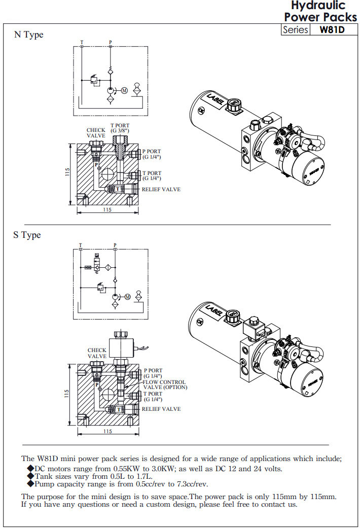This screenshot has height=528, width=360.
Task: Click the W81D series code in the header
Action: click(332, 29)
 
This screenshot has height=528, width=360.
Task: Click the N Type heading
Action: click(28, 34)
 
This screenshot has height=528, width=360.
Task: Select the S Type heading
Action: click(27, 235)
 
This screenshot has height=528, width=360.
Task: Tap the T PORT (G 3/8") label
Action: click(120, 128)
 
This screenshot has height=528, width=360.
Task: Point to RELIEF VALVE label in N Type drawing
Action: click(161, 189)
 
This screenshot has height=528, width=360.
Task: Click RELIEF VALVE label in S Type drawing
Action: click(161, 409)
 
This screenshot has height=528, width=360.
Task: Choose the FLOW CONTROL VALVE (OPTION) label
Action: click(165, 384)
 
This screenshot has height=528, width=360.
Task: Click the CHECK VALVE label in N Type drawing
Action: click(96, 133)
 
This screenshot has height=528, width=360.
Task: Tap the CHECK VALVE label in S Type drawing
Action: click(97, 353)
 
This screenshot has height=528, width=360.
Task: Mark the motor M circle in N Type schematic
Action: click(124, 91)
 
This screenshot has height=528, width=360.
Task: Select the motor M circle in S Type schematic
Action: click(127, 296)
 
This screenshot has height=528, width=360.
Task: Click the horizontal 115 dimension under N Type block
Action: click(107, 209)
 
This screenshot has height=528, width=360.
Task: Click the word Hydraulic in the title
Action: click(319, 6)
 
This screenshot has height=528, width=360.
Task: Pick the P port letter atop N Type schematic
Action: click(111, 41)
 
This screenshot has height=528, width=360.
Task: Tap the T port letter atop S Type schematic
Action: click(80, 245)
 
